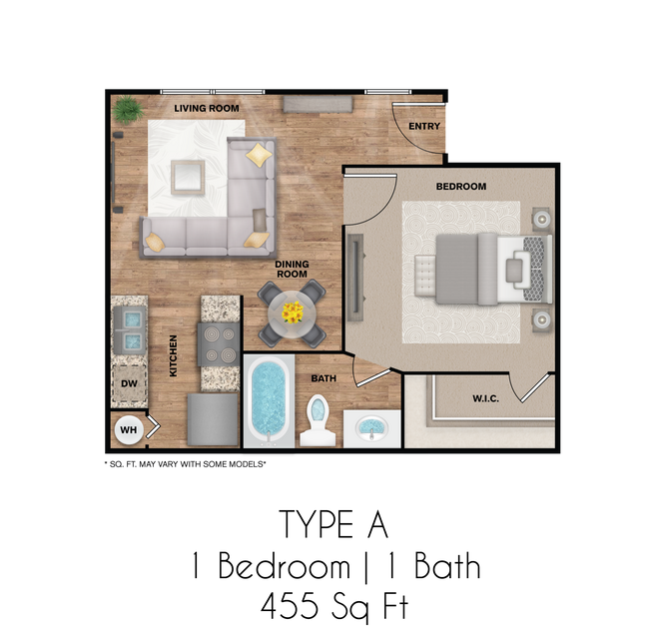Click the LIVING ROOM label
(206, 107)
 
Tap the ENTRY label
(424, 126)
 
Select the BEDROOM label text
(460, 187)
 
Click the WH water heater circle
(128, 430)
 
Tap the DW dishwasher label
(128, 383)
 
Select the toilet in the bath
(318, 419)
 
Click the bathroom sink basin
(371, 428)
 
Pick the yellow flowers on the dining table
(292, 313)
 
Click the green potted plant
(127, 109)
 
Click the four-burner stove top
(220, 344)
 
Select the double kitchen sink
(129, 329)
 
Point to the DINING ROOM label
(292, 270)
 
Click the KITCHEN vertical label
(173, 355)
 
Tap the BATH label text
(323, 378)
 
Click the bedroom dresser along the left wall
(356, 277)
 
